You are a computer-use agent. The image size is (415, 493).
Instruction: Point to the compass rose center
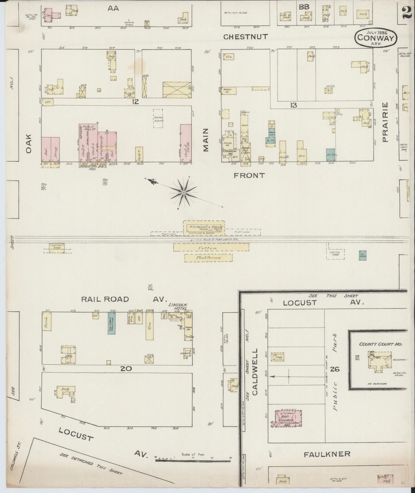pos(184,192)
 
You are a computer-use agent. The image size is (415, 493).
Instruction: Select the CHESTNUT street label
pos(246,37)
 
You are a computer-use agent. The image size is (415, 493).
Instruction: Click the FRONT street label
pos(249,175)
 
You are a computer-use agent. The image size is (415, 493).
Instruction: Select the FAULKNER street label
pos(327,454)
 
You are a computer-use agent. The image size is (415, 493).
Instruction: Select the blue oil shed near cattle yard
pos(363,255)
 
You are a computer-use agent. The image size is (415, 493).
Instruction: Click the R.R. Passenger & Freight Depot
pos(204,228)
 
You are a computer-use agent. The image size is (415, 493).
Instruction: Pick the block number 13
pos(293,106)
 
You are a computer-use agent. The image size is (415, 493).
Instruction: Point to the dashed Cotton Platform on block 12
pos(158,119)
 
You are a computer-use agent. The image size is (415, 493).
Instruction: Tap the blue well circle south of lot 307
pos(105,182)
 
